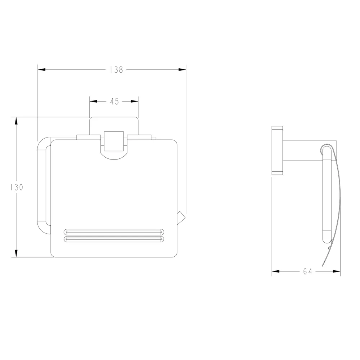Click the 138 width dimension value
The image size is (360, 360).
pos(117,69)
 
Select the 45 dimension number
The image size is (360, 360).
pos(114,101)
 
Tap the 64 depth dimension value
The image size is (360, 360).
pos(308,271)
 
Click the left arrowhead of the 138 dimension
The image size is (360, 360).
pos(41,69)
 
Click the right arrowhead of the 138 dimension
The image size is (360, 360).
pos(182,69)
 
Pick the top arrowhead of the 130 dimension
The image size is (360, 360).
pos(16,121)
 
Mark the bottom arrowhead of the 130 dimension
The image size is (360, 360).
pos(16,253)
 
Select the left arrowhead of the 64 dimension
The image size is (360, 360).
pos(276,271)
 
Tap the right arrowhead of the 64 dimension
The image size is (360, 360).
pos(337,271)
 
